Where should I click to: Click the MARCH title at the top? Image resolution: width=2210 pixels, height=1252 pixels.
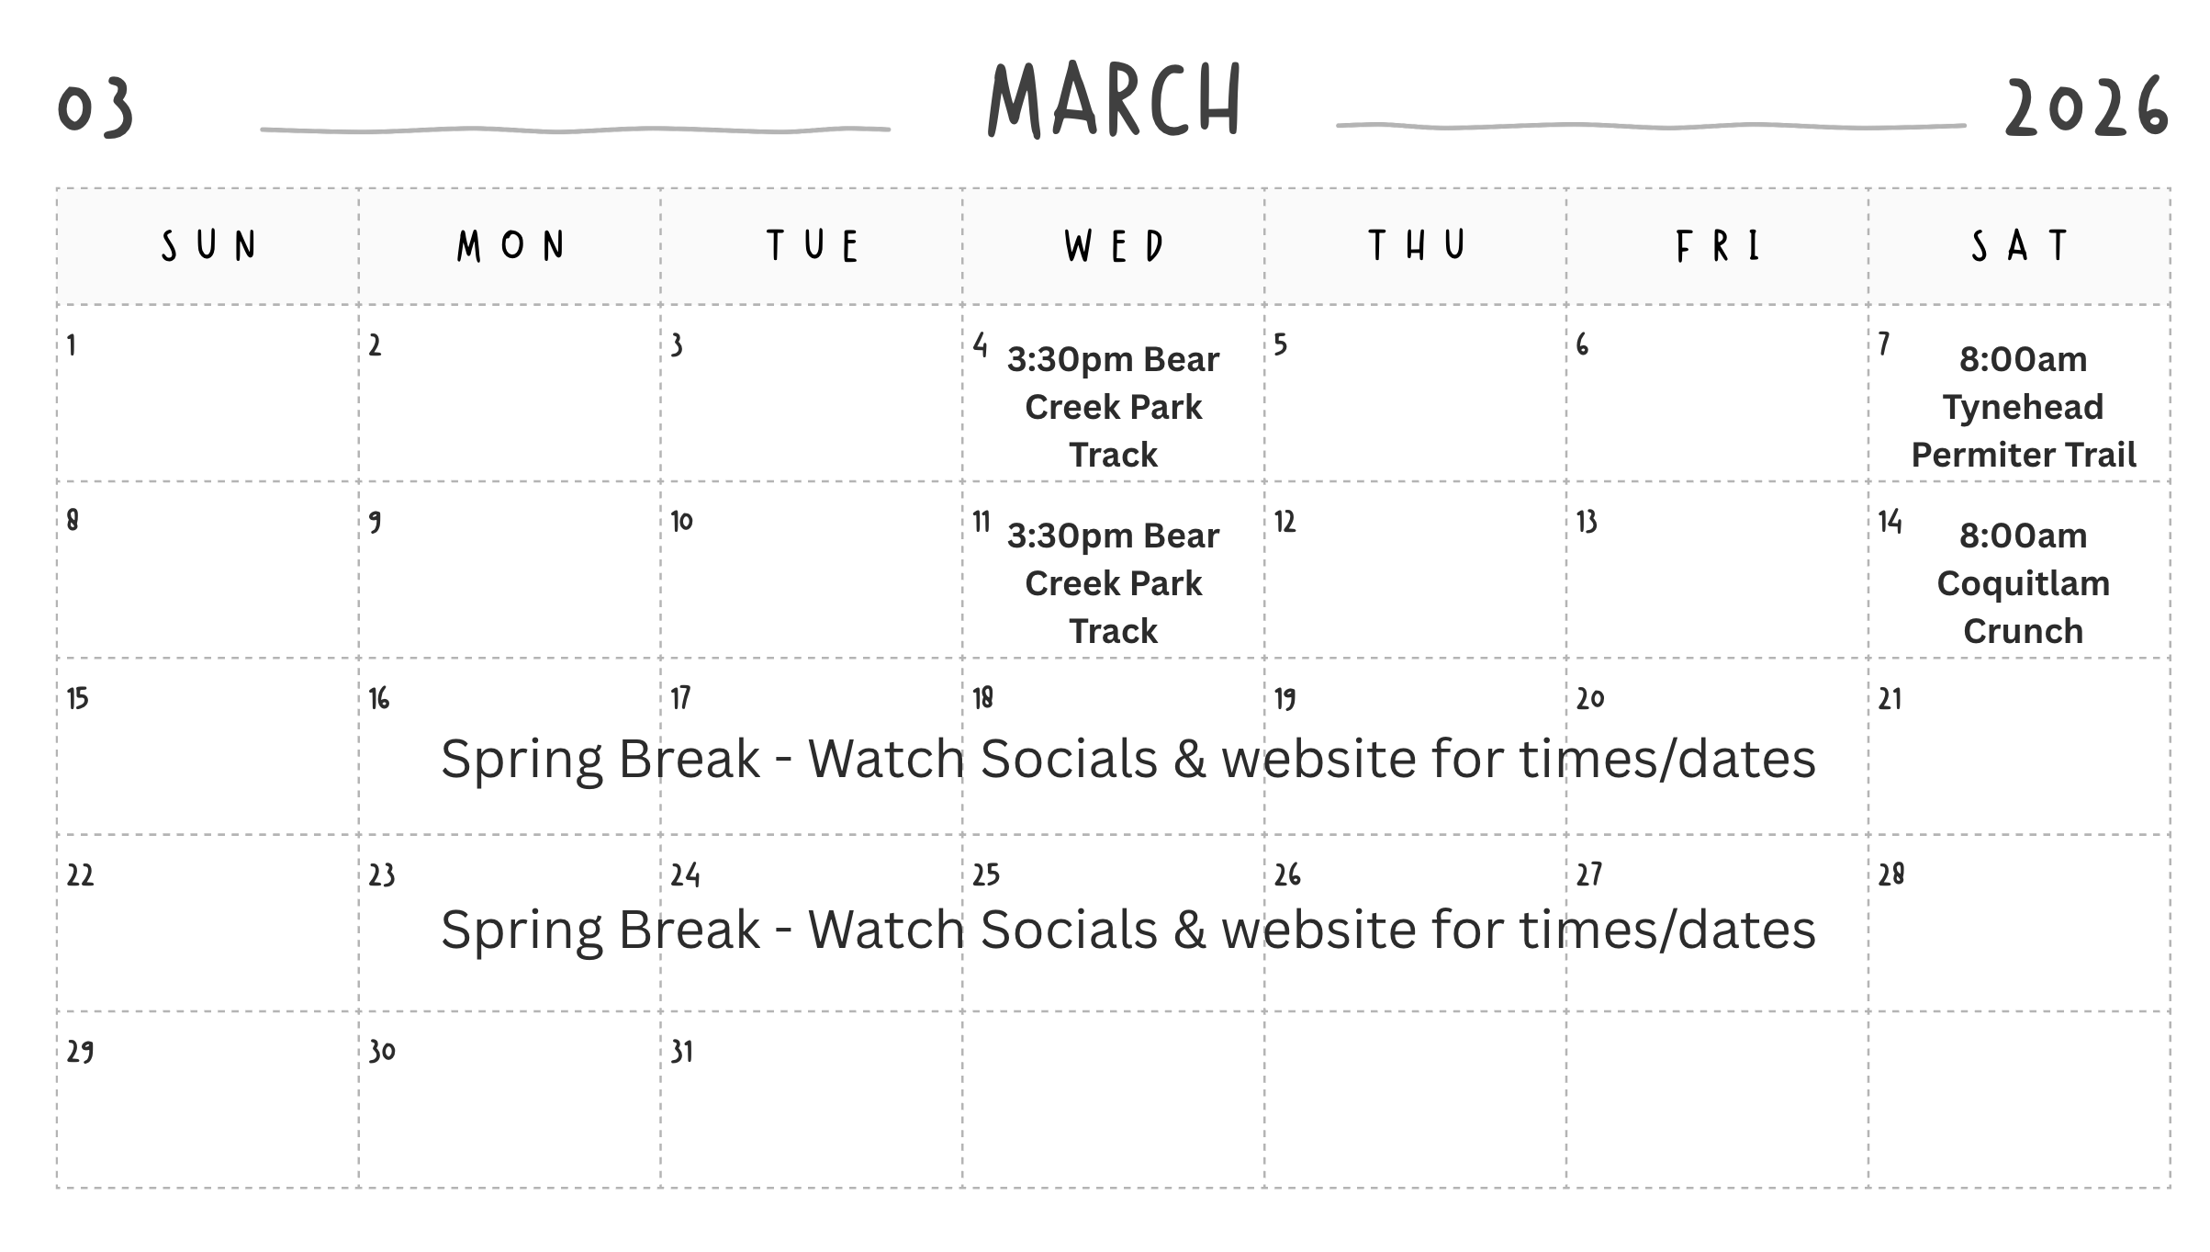(1115, 100)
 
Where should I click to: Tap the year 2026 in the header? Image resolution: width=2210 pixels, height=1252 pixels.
(2086, 107)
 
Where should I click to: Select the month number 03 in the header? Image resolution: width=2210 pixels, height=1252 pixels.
(95, 107)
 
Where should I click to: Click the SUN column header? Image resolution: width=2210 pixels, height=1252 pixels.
(208, 245)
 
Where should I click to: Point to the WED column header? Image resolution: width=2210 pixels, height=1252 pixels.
(1114, 245)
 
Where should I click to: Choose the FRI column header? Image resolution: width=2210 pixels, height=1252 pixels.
(1718, 245)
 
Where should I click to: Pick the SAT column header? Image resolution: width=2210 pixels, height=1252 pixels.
(2019, 245)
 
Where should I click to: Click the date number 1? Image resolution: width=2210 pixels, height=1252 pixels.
(72, 345)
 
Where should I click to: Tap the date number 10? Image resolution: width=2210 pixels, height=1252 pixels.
(681, 522)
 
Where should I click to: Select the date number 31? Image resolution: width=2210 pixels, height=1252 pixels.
(681, 1052)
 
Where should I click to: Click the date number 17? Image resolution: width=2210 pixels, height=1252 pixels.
(680, 698)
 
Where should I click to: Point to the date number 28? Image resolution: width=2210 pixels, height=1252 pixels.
(1891, 874)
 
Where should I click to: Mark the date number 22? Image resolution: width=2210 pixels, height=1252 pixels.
(80, 875)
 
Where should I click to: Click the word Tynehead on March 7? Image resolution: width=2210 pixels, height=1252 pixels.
(2023, 408)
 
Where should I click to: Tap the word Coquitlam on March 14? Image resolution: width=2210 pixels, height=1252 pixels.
(2023, 584)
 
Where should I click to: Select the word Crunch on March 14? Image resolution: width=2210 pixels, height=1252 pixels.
(2023, 631)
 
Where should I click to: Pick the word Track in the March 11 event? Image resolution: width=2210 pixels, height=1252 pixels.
(1113, 631)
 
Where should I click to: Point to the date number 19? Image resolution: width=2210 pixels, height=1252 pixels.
(1285, 699)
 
